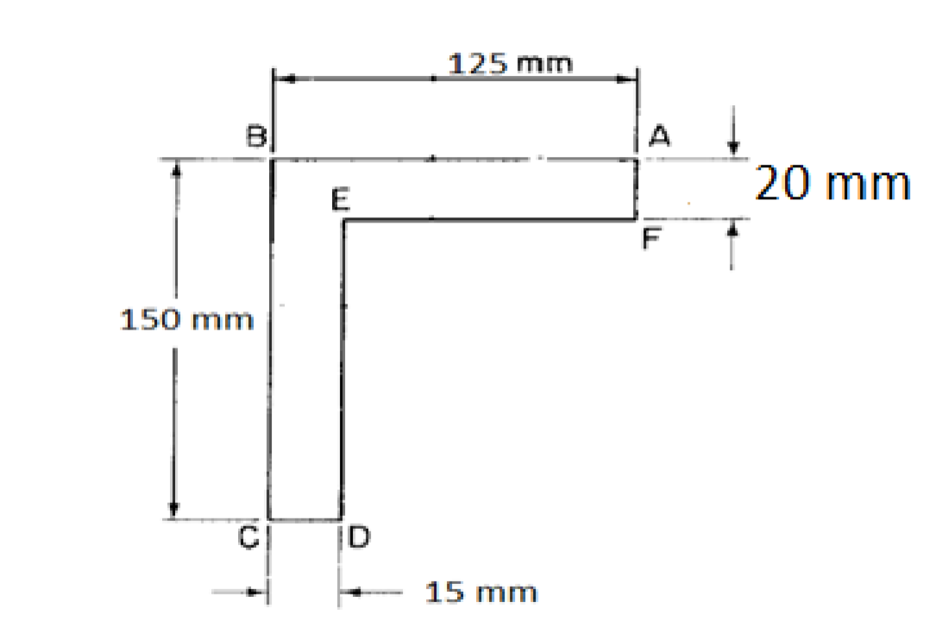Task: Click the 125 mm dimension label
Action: click(512, 63)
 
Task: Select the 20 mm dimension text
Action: click(832, 184)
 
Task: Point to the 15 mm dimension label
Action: click(481, 593)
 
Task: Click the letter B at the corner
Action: click(256, 135)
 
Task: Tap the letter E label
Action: click(340, 203)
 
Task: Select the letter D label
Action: click(359, 539)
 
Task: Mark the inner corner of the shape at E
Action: click(344, 221)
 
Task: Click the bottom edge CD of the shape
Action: click(305, 520)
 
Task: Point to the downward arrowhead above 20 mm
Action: click(733, 150)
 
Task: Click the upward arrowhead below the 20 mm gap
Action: click(732, 229)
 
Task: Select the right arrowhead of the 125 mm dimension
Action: click(629, 79)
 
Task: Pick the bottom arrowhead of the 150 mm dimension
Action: click(174, 511)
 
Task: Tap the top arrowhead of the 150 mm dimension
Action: click(174, 168)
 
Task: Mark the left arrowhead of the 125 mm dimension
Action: click(282, 79)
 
